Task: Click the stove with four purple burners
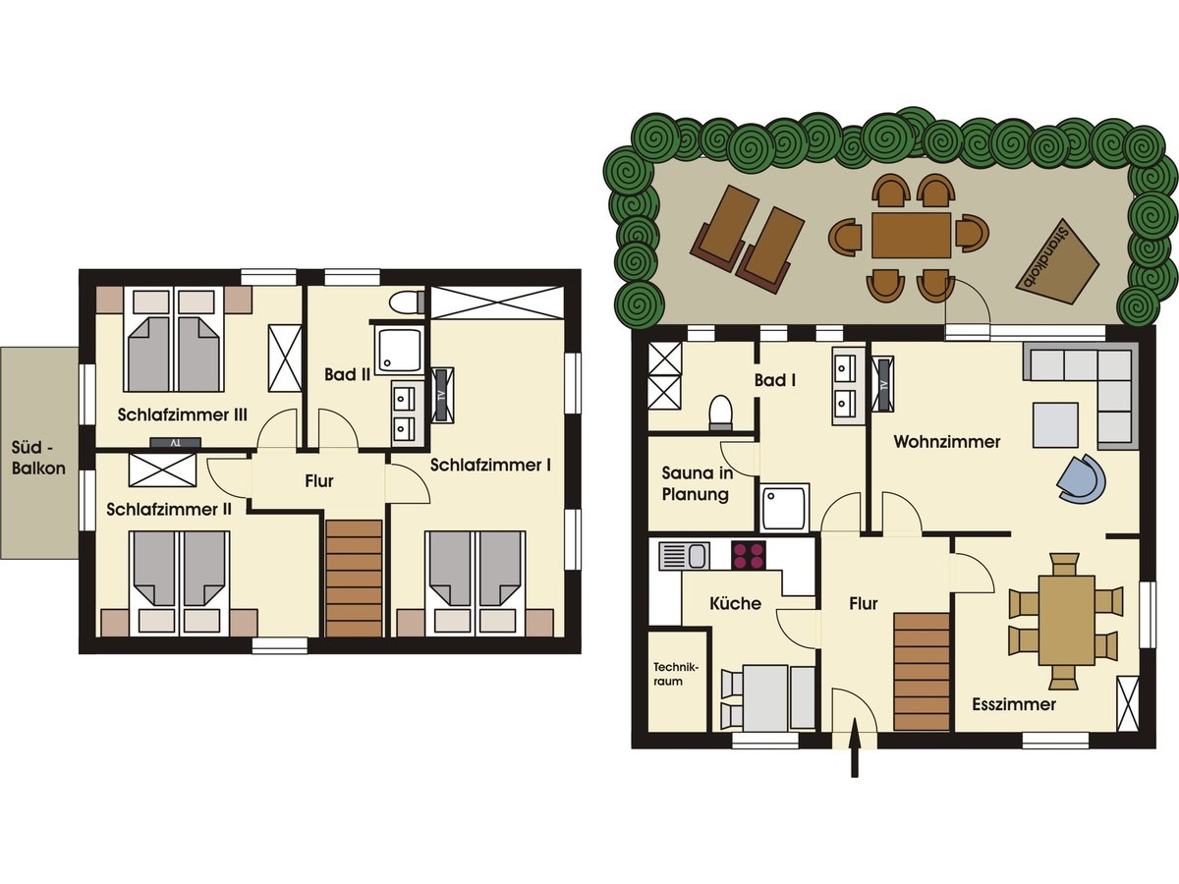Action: (x=749, y=556)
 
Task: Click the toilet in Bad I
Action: (x=721, y=413)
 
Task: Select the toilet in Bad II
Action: (x=408, y=303)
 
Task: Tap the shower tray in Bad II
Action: (x=400, y=351)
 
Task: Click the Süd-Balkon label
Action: (x=38, y=458)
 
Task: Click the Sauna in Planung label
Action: (x=697, y=483)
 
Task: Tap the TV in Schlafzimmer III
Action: (x=175, y=443)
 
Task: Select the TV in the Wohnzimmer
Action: (x=883, y=384)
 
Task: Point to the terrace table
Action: (x=912, y=236)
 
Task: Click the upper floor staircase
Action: (x=354, y=579)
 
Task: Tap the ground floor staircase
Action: (x=922, y=672)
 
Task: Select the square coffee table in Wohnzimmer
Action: (x=1055, y=425)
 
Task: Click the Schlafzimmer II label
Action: (x=169, y=510)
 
